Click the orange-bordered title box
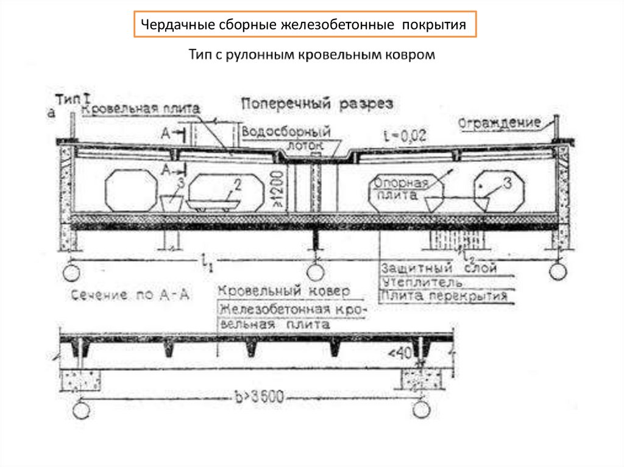point(305,25)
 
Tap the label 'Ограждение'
point(499,123)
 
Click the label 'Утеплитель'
point(422,283)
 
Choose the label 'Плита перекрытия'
point(445,297)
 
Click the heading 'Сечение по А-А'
point(130,296)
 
